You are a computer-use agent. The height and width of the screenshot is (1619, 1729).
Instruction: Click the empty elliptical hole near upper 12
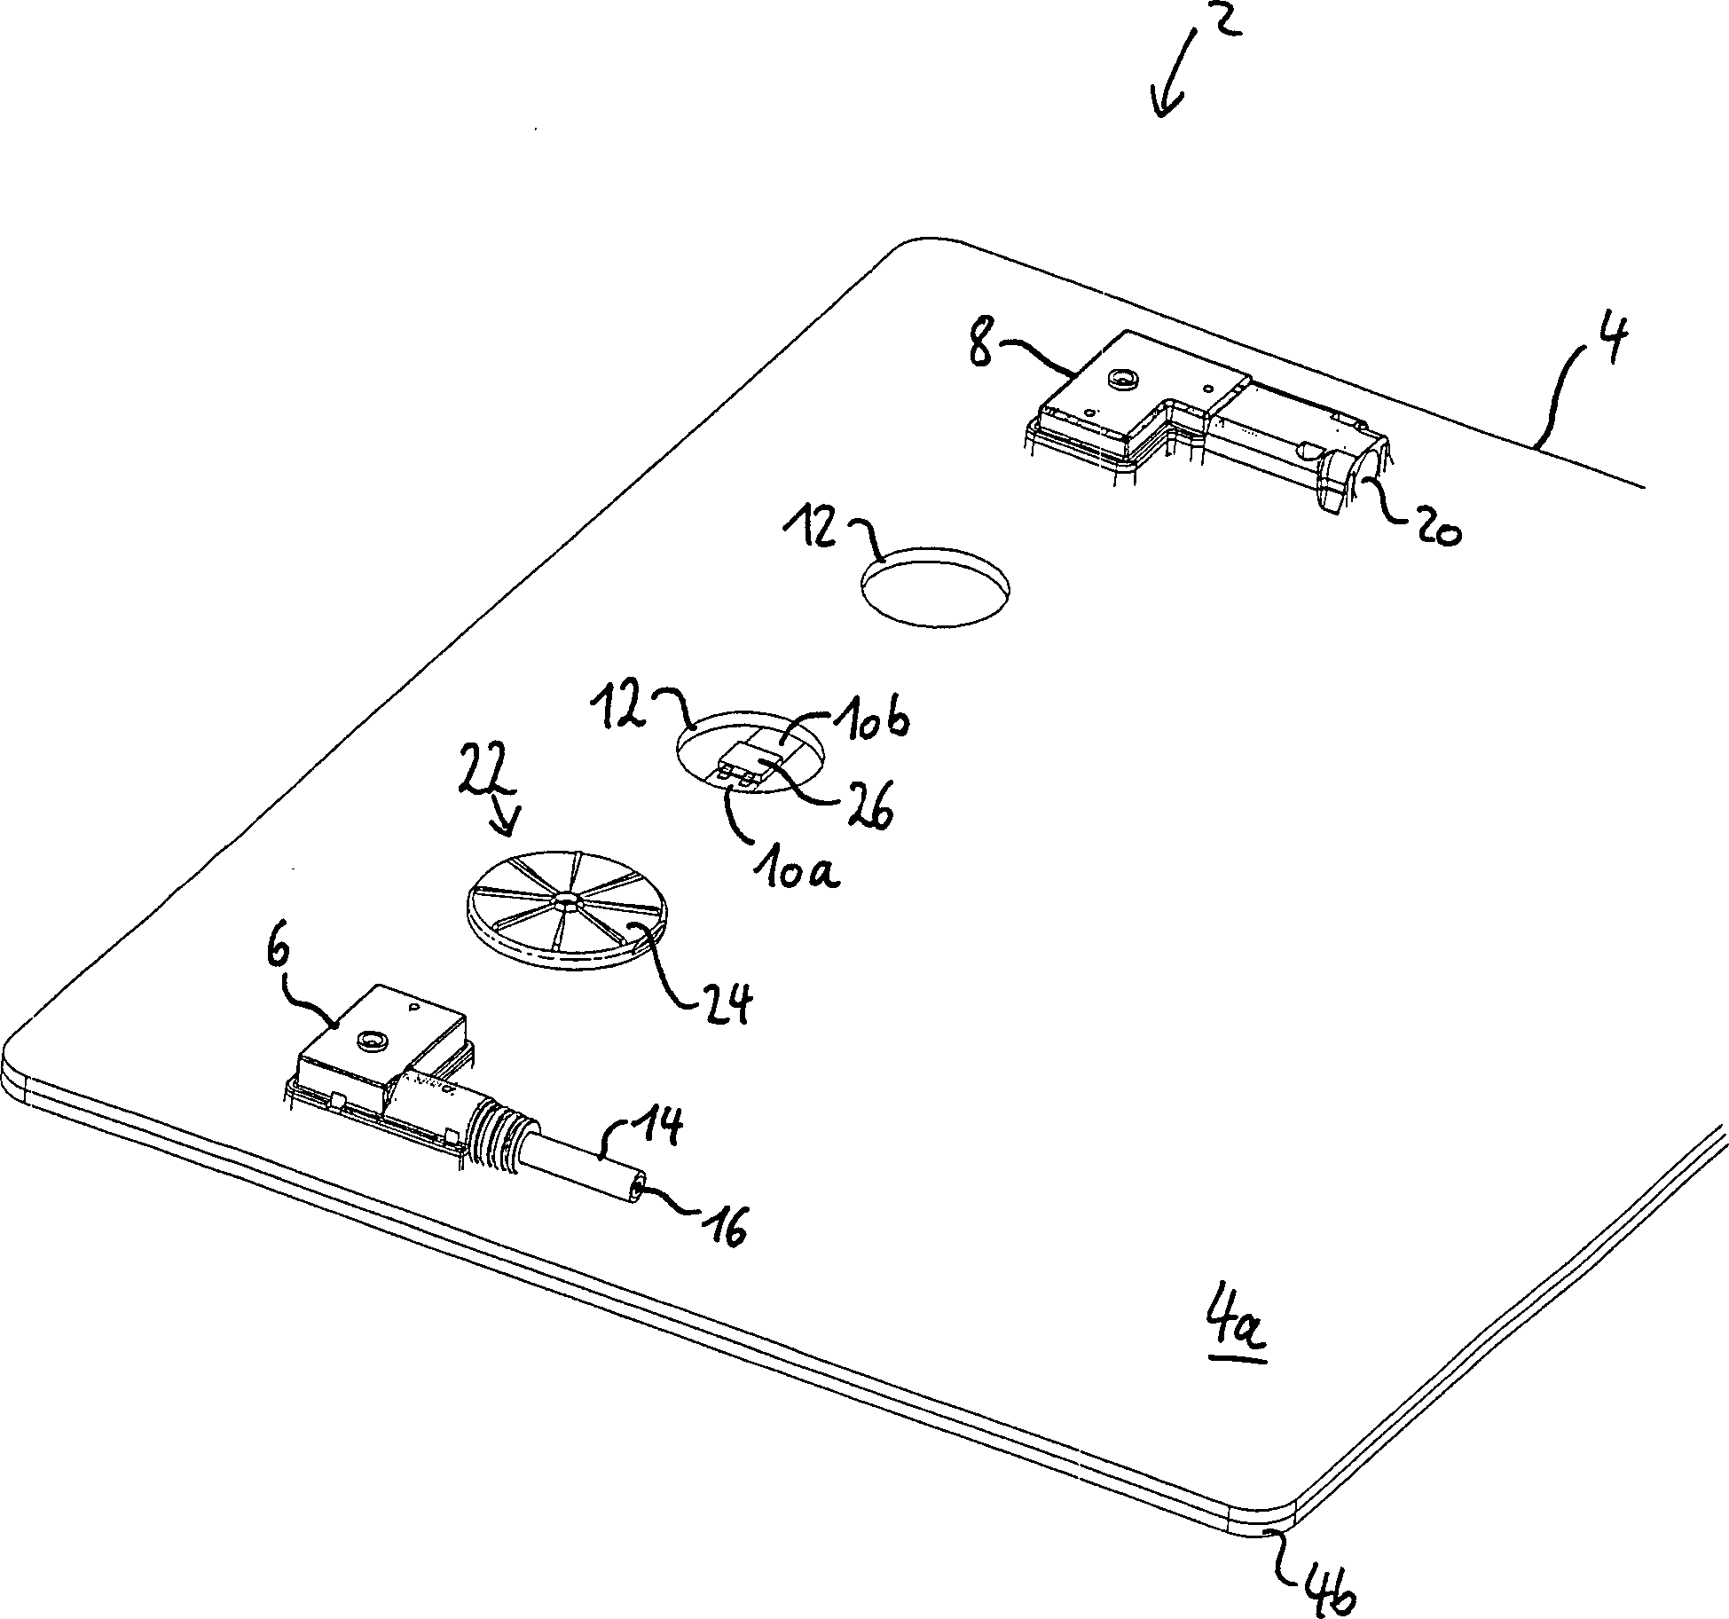tap(935, 590)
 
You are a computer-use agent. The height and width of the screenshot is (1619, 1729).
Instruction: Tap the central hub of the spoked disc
tap(565, 903)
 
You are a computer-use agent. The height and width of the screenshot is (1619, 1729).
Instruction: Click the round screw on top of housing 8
tap(1124, 381)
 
